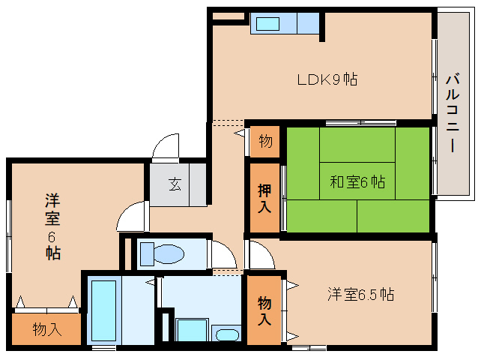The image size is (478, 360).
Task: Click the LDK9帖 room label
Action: pos(327,79)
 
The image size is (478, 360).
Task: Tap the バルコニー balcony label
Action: pos(453,112)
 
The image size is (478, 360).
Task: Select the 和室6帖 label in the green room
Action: pos(357,181)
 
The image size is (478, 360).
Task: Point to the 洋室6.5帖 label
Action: pos(360,295)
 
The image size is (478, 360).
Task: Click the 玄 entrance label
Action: pos(175,184)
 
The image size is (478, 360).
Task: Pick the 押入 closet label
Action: pos(264,198)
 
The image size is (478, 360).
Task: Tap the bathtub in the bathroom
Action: pos(103,310)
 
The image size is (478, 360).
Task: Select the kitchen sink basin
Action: pos(267,24)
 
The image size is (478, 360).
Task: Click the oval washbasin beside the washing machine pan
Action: pos(227,334)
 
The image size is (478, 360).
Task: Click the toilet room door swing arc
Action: pos(225,253)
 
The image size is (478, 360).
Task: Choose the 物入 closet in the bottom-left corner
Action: pos(46,329)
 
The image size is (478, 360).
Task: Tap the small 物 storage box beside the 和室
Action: pos(265,142)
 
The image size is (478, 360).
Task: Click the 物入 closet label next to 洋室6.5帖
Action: pos(264,310)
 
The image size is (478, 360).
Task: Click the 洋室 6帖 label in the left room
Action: pos(52,226)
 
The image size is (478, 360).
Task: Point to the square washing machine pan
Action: pos(192,330)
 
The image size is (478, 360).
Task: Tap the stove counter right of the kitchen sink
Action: pos(308,23)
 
